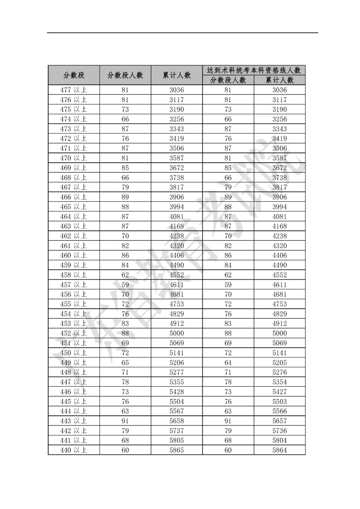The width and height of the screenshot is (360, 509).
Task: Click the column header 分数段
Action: pos(74,75)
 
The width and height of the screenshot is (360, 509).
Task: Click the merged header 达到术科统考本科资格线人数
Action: pos(254,70)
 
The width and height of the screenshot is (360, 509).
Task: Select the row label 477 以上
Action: pos(74,90)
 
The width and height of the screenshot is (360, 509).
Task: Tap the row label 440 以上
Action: pos(74,450)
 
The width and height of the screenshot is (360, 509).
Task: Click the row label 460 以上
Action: pos(74,255)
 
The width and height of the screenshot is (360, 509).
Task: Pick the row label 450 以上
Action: pos(74,353)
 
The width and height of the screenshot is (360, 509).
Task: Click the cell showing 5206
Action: pos(177,363)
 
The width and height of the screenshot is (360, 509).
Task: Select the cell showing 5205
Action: pos(279,363)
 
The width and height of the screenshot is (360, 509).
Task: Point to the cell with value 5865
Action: pos(177,450)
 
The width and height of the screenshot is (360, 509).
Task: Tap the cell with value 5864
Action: pos(279,450)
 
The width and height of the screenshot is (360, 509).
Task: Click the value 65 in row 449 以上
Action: pos(125,363)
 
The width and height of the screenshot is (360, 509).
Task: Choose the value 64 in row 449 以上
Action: pos(228,363)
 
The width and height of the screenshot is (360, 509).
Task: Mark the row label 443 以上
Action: pos(74,421)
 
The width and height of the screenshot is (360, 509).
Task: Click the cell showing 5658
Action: pos(177,421)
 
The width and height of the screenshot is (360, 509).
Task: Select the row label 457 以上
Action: pos(74,285)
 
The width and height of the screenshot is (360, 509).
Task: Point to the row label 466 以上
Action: pos(74,197)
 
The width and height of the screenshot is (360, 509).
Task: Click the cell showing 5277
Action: pos(177,372)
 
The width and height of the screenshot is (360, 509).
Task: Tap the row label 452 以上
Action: pos(74,333)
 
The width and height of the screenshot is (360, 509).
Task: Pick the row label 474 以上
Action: pos(74,119)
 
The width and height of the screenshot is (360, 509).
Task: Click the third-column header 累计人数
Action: pos(177,75)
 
